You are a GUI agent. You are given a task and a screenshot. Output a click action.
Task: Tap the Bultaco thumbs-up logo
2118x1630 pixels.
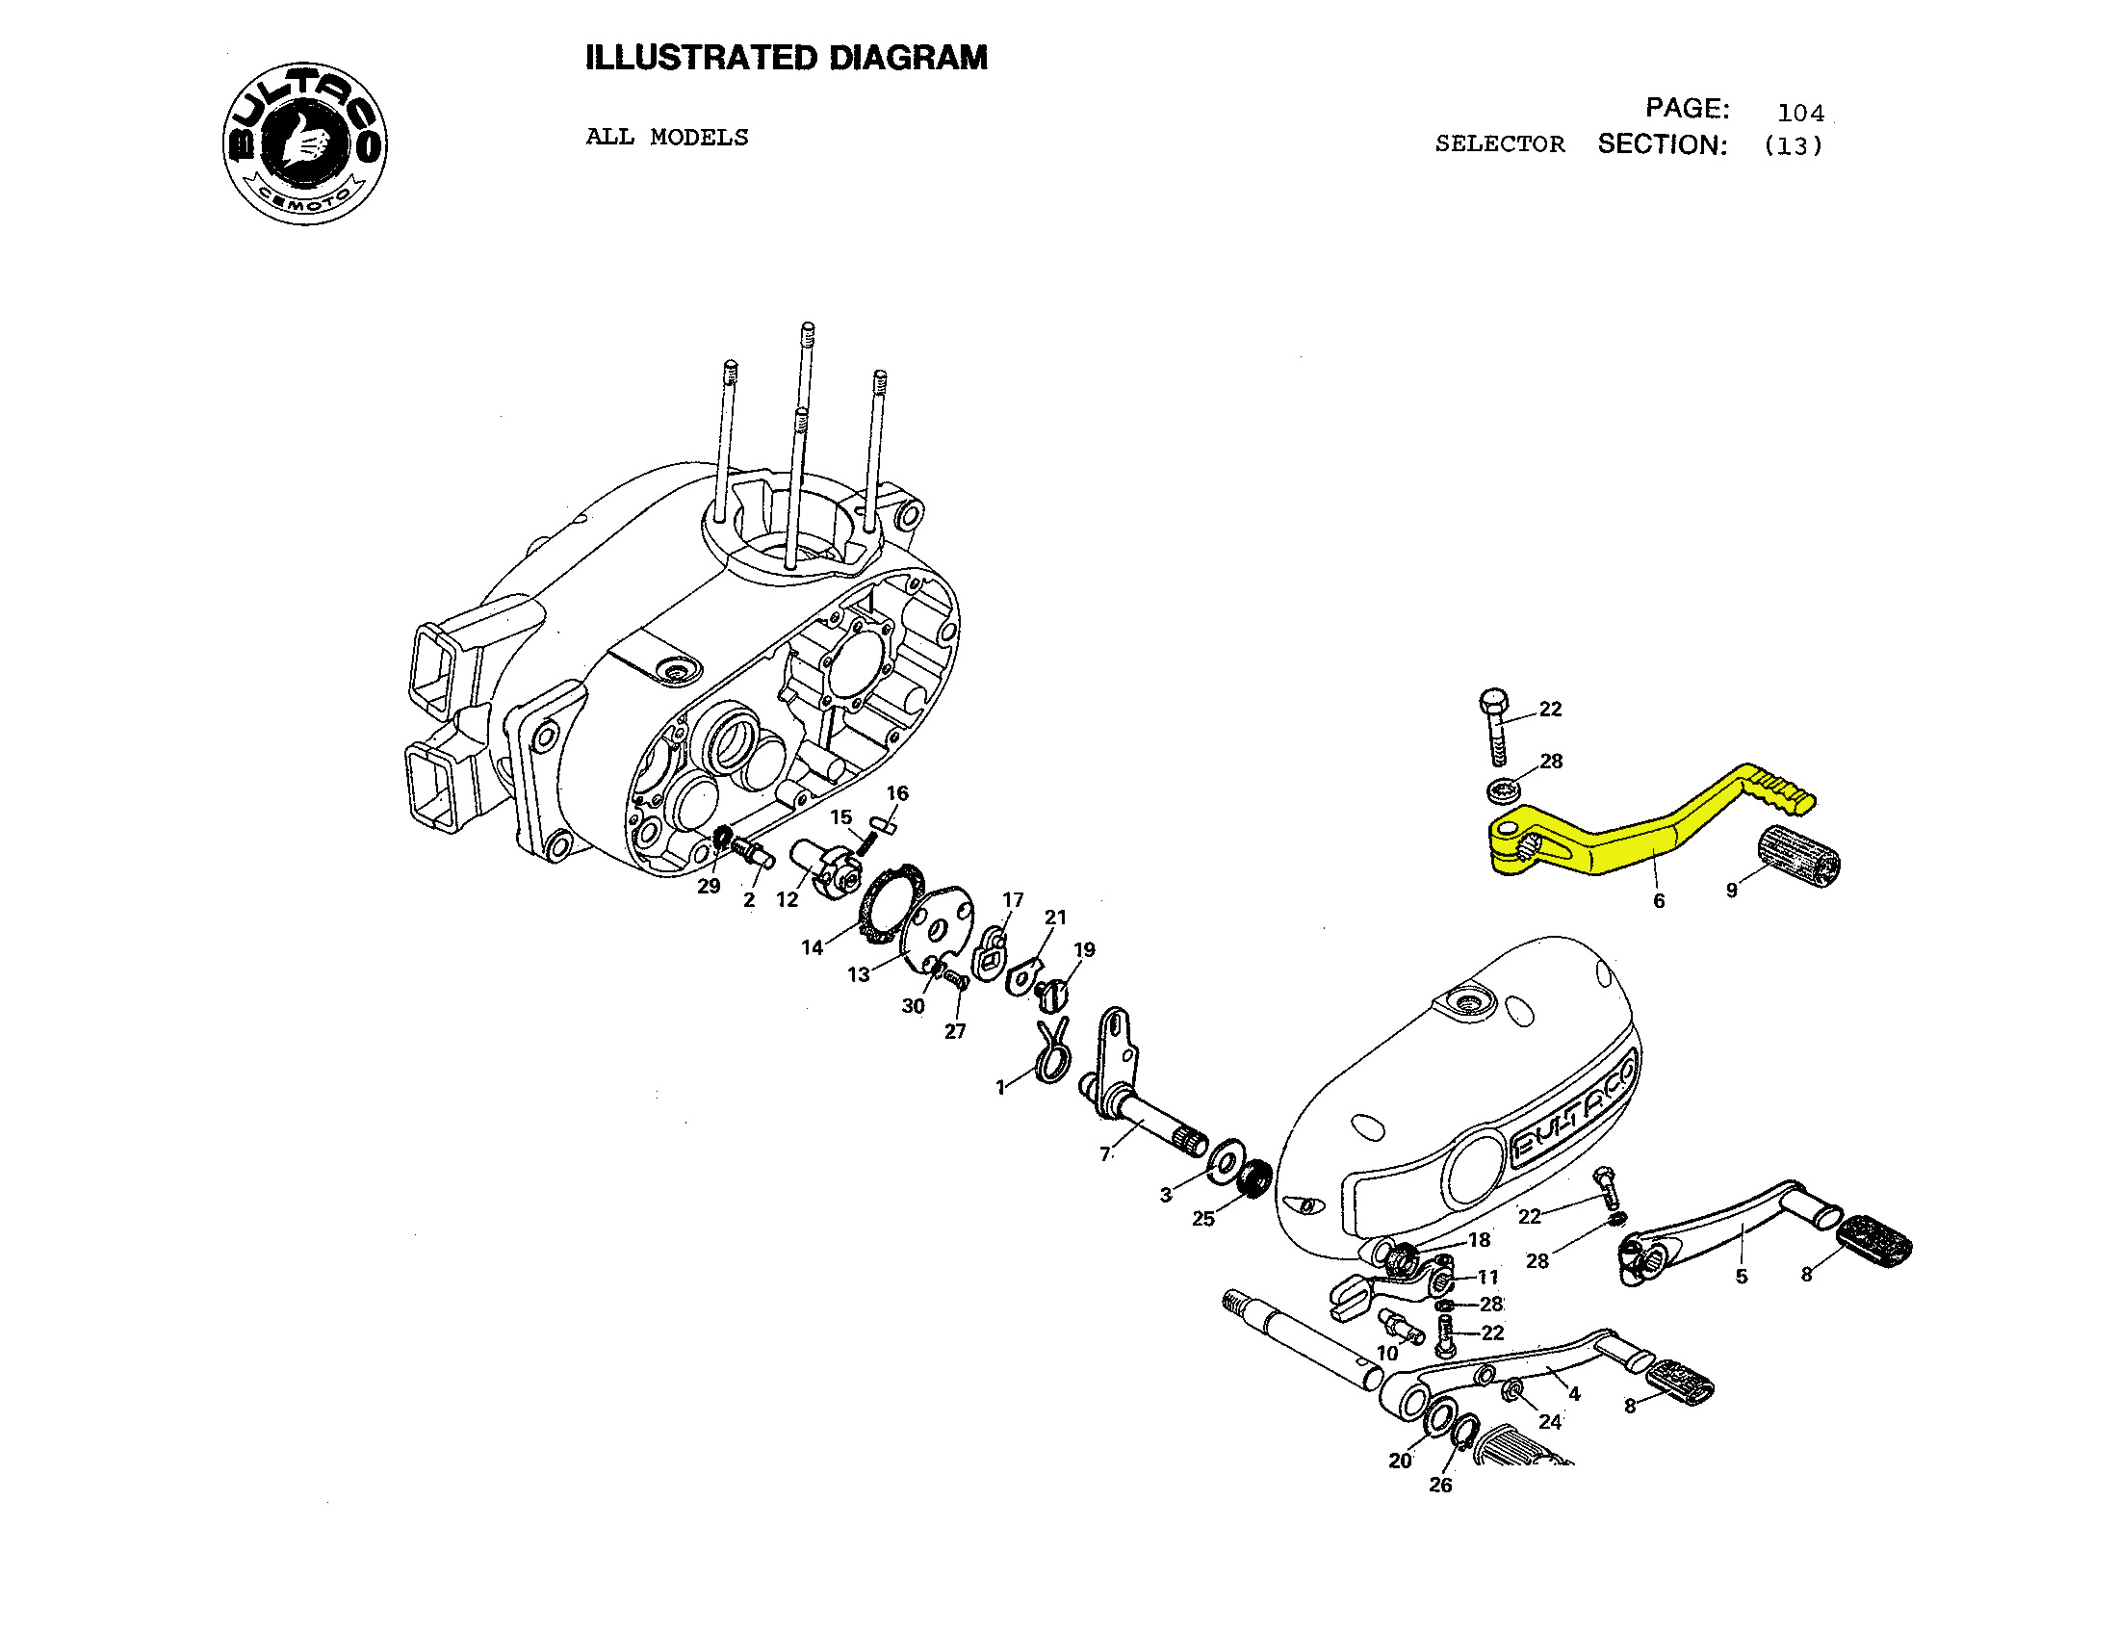tap(304, 143)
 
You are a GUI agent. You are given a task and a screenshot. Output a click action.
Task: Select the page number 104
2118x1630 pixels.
tap(1800, 113)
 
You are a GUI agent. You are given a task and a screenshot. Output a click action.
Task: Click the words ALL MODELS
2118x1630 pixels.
tap(666, 137)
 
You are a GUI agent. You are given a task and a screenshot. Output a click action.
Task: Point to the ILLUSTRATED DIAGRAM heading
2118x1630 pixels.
tap(786, 58)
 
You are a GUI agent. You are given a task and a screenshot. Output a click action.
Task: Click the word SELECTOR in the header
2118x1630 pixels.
tap(1499, 144)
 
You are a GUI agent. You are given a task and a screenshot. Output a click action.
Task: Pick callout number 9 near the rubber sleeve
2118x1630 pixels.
tap(1732, 890)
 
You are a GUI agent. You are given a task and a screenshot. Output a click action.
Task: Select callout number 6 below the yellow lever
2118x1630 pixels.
tap(1659, 901)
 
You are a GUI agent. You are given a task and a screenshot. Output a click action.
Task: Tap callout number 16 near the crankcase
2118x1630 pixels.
tap(897, 793)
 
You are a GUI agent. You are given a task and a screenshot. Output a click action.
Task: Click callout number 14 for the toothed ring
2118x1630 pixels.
tap(813, 947)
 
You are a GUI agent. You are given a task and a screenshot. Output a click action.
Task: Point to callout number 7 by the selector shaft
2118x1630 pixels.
tap(1104, 1153)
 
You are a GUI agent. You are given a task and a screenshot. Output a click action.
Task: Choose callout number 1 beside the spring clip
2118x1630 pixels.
tap(1000, 1088)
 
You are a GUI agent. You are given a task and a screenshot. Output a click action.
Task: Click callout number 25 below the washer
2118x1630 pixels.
tap(1202, 1219)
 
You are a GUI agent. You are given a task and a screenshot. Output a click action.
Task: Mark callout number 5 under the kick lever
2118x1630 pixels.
tap(1742, 1276)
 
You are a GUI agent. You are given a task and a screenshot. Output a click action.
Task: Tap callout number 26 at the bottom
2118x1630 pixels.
tap(1440, 1485)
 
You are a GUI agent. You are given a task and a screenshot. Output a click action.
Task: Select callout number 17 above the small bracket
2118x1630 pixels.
tap(1013, 900)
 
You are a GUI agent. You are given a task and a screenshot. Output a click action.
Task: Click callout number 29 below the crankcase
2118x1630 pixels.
tap(709, 886)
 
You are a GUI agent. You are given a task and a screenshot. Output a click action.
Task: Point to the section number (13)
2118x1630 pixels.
tap(1794, 145)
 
